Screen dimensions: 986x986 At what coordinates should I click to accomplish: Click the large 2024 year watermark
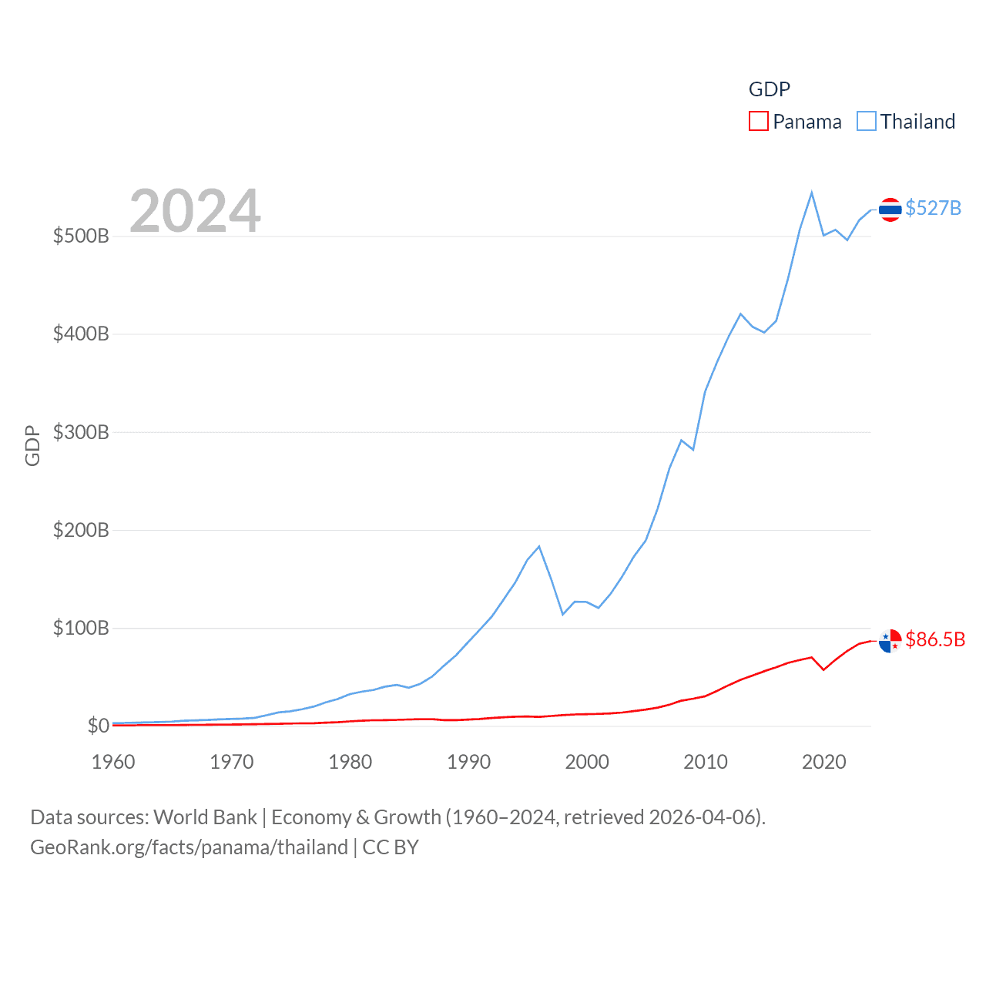[195, 211]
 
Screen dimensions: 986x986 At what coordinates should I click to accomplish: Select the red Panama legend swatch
[759, 122]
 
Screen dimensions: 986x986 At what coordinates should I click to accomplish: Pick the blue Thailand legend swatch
[867, 122]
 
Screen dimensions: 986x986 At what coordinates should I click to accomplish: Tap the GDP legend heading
[770, 89]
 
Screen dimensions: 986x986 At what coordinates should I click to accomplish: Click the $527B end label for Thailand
[933, 208]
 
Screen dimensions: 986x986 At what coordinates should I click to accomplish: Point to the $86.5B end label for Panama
[935, 639]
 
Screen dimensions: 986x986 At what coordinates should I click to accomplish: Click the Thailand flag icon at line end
[890, 210]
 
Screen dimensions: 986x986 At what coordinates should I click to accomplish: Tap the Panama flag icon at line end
[890, 640]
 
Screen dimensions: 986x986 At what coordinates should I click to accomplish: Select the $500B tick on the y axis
[81, 236]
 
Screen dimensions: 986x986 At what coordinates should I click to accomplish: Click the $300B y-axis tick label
[81, 432]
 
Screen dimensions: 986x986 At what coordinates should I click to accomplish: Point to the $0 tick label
[98, 726]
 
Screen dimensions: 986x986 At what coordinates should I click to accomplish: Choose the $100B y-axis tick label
[81, 628]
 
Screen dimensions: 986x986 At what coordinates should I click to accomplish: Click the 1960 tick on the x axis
[113, 762]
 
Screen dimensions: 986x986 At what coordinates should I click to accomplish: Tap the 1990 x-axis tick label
[468, 762]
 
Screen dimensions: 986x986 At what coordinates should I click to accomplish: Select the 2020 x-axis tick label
[824, 762]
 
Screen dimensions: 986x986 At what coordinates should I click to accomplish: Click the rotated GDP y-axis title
[32, 445]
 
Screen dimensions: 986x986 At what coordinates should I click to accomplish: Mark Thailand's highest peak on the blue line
[812, 193]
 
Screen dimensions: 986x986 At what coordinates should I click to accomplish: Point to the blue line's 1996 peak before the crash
[539, 546]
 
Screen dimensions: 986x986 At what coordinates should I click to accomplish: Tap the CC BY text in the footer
[391, 847]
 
